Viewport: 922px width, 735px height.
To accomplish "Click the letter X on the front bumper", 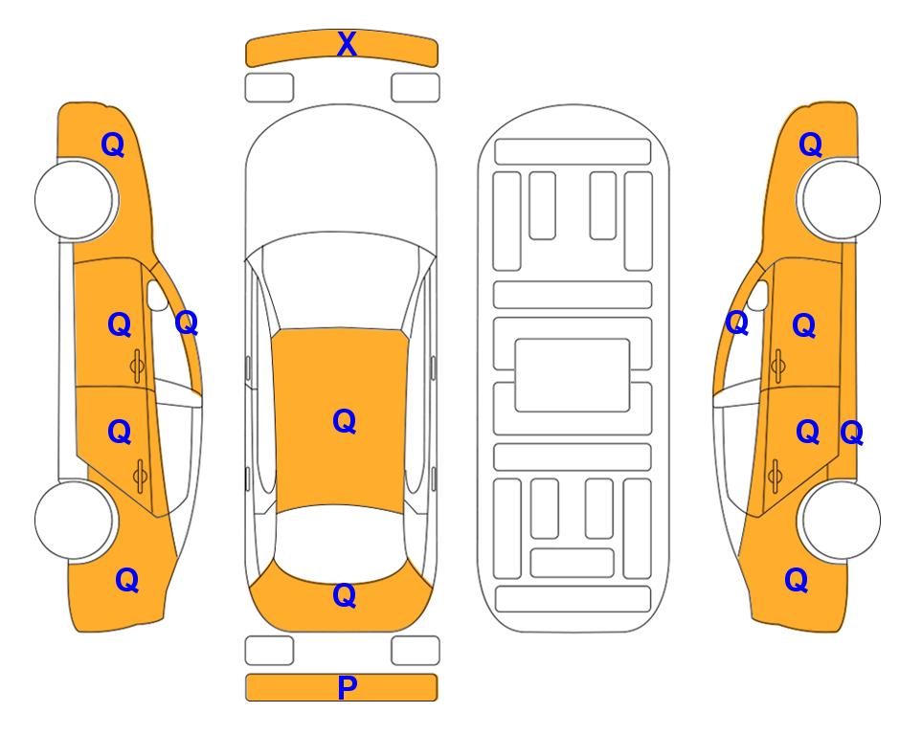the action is point(347,44).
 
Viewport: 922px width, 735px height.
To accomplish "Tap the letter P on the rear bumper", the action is point(347,687).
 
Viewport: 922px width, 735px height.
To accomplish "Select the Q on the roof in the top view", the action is point(345,421).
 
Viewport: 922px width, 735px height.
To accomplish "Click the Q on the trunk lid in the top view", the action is point(345,595).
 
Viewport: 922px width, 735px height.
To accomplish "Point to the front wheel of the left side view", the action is point(75,200).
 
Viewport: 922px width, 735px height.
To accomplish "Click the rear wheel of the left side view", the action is point(75,520).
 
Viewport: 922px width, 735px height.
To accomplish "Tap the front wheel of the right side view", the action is point(841,200).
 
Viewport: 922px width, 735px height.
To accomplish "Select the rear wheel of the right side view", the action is point(841,520).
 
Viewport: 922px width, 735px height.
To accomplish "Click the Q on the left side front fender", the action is point(113,145).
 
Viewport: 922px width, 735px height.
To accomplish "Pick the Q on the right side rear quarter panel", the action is point(797,580).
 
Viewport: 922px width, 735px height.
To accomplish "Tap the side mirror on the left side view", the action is point(156,296).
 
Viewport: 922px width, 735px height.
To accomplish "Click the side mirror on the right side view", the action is point(758,296).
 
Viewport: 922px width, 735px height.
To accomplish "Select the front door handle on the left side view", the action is point(137,367).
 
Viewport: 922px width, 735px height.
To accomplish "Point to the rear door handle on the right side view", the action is point(776,477).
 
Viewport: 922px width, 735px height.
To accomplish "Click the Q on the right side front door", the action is point(804,325).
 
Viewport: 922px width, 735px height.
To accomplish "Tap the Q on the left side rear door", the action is point(120,433).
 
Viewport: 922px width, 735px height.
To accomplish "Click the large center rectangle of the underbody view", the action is point(573,375).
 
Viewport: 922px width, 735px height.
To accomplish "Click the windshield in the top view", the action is point(341,282).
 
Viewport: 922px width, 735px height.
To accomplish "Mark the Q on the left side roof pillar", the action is point(187,323).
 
